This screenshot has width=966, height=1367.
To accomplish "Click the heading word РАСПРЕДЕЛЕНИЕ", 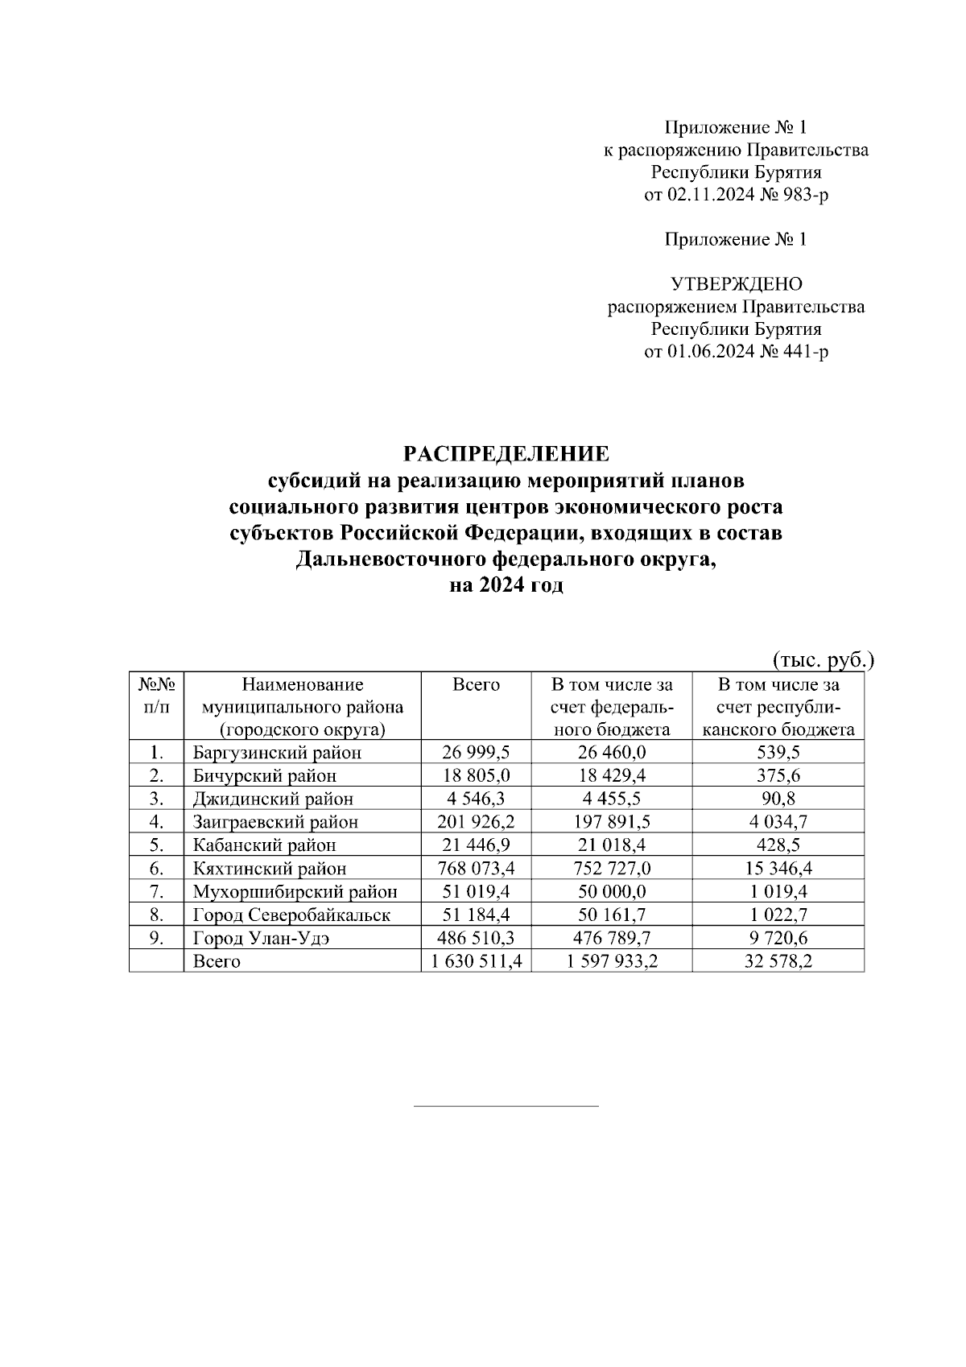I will [x=506, y=454].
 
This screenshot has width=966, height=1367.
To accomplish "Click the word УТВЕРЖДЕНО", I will [x=736, y=284].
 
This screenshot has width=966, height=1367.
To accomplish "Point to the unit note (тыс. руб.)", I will [x=823, y=660].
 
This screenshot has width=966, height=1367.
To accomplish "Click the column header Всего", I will [x=476, y=685].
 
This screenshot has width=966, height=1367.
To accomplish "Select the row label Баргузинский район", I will [x=277, y=753].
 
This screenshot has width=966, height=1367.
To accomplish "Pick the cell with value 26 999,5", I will [x=476, y=753].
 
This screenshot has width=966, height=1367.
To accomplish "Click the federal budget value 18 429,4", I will [x=611, y=776].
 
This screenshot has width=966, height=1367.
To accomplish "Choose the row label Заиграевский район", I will [x=275, y=822].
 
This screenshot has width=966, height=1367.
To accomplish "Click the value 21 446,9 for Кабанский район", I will [x=476, y=845].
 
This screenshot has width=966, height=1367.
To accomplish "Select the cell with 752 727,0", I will [x=611, y=869].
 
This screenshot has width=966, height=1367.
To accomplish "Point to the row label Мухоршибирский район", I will [x=295, y=892].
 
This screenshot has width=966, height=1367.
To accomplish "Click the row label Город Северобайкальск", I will [x=291, y=915].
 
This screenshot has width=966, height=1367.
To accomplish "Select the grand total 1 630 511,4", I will [x=476, y=961].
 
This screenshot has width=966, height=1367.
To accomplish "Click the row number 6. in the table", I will [x=156, y=869].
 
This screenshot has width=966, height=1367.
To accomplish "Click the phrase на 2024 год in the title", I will [x=506, y=586].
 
